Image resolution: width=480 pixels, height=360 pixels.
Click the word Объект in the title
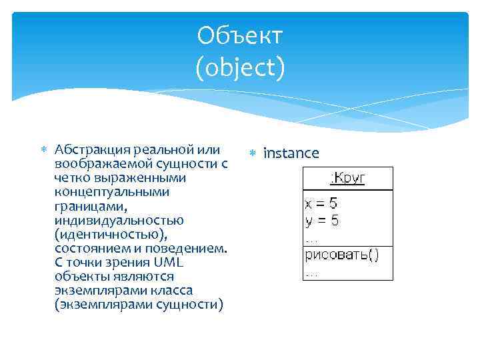click(x=240, y=36)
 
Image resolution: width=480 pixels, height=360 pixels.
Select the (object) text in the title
click(x=240, y=67)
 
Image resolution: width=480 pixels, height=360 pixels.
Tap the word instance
click(x=291, y=154)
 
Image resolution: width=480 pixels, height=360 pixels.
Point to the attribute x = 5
click(x=322, y=203)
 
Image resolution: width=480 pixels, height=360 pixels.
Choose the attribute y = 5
click(x=322, y=219)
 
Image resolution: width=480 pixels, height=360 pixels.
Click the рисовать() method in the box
click(x=342, y=255)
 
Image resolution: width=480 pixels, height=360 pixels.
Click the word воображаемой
click(x=97, y=163)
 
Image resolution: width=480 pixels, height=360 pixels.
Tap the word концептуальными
click(x=103, y=192)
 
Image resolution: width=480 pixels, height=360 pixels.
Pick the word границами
click(x=85, y=206)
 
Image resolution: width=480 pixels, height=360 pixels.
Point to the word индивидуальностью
click(x=110, y=220)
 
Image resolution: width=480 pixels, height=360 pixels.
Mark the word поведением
click(x=191, y=248)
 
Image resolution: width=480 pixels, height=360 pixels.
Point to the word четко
click(x=72, y=178)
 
